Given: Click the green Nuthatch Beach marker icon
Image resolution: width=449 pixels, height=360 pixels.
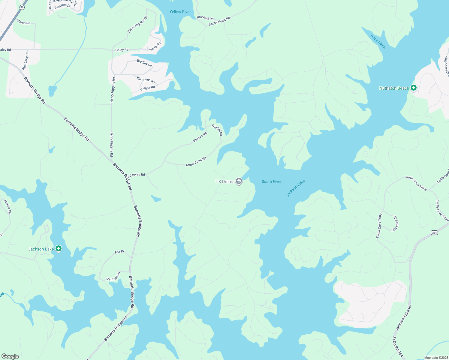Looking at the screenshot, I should tap(414, 88).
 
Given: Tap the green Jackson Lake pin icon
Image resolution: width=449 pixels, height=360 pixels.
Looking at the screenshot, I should tap(59, 249).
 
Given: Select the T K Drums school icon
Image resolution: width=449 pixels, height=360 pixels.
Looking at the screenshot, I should tap(239, 181).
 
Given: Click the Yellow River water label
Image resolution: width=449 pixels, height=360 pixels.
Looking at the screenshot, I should tap(180, 12).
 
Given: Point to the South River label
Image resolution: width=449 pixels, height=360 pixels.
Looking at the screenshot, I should tap(272, 181).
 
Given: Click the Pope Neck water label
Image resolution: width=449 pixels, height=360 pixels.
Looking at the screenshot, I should tap(378, 41).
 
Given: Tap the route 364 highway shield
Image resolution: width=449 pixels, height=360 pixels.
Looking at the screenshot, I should tap(434, 232).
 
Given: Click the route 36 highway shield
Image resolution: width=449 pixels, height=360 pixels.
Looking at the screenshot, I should tap(22, 7).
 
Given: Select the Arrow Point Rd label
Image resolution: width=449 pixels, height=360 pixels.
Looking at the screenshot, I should tap(196, 162).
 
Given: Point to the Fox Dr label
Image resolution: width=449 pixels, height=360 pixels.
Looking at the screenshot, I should tap(119, 252).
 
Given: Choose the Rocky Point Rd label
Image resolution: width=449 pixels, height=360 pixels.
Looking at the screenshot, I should tap(219, 21).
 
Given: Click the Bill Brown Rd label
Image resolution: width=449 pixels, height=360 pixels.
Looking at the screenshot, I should tap(146, 80).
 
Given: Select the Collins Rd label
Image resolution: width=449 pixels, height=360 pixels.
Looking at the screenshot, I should tap(148, 88).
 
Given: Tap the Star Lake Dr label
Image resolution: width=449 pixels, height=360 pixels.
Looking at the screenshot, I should tap(25, 61).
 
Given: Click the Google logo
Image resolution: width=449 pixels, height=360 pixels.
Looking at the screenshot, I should tap(10, 356).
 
